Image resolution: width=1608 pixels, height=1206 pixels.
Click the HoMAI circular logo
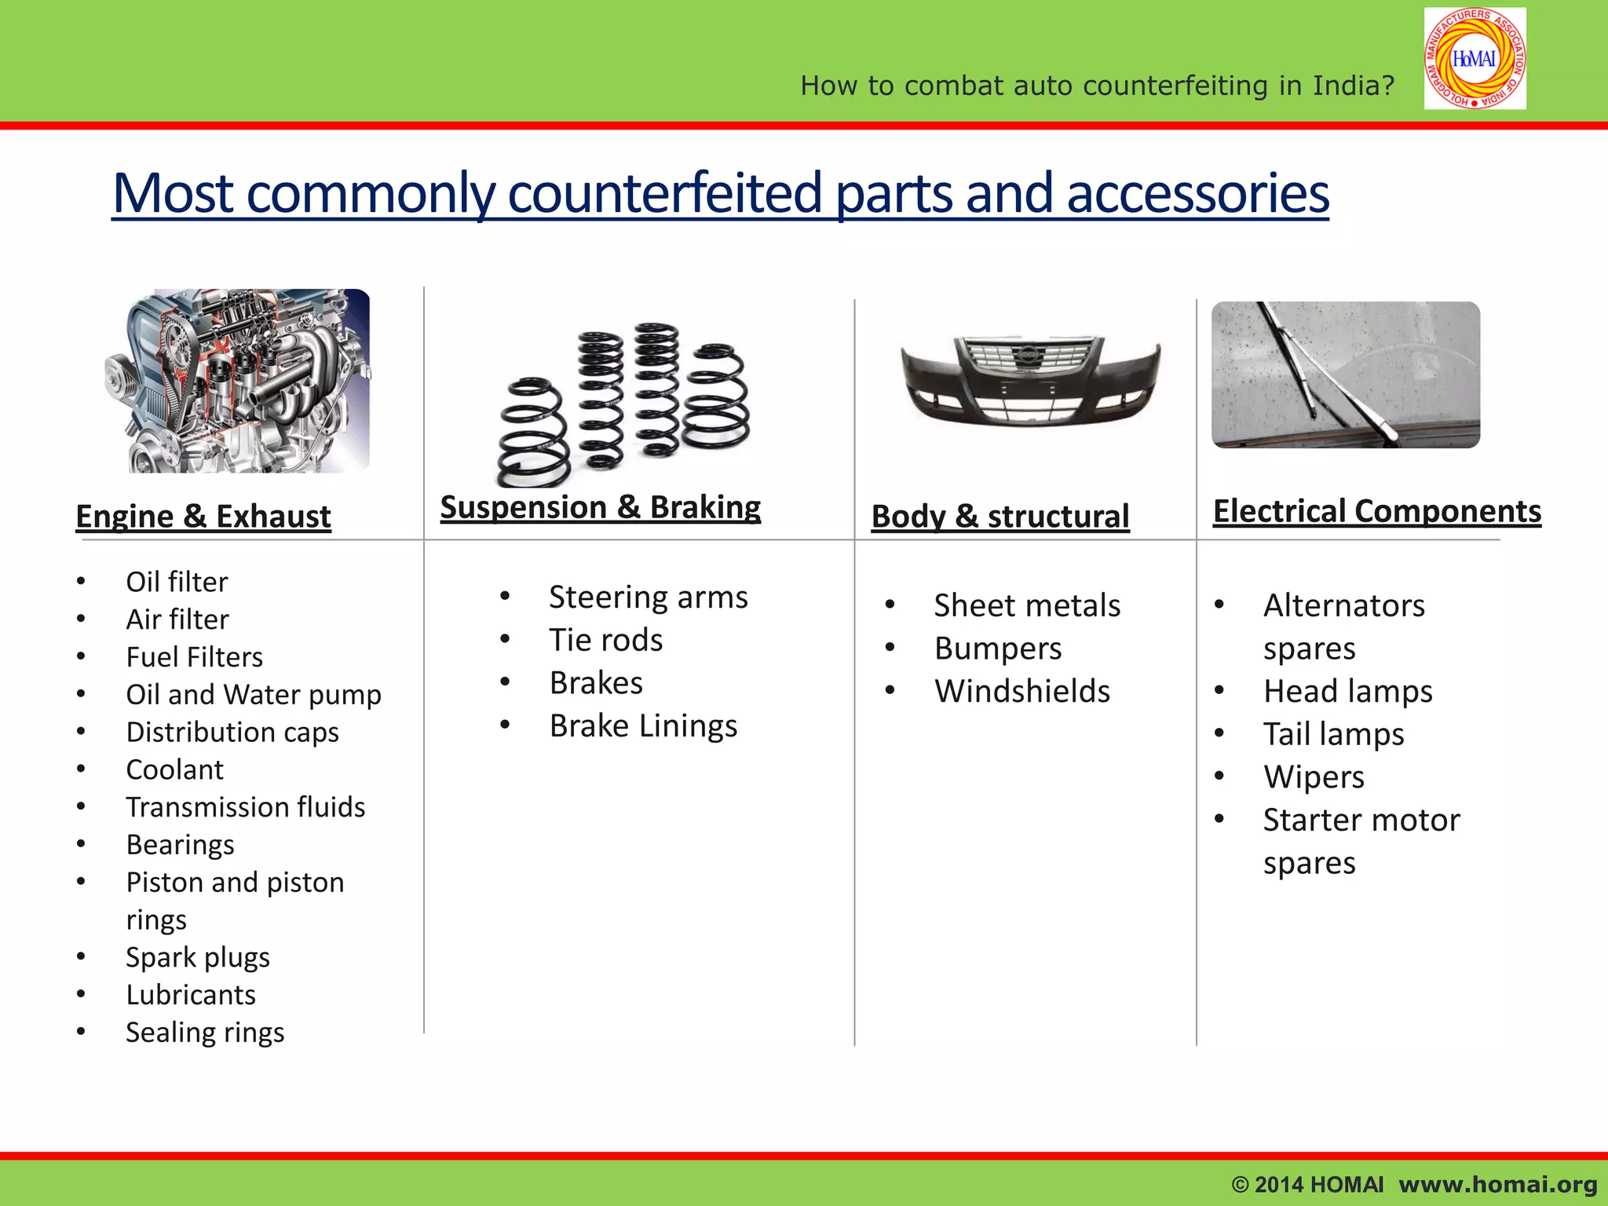(x=1475, y=59)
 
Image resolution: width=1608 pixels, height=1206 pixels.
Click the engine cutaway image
(x=238, y=382)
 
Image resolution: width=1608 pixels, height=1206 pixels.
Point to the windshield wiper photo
(x=1345, y=375)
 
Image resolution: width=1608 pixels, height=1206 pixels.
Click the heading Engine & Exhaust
(x=203, y=517)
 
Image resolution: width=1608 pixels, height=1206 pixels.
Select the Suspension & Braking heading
(x=600, y=507)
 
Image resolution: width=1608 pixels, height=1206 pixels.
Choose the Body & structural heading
(x=1000, y=517)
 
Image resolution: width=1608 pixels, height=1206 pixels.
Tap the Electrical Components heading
(x=1376, y=511)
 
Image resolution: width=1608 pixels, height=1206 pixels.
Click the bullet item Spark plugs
(x=198, y=957)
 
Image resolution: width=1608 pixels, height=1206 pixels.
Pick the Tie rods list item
(x=605, y=640)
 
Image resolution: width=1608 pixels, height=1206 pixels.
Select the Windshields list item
(x=1021, y=691)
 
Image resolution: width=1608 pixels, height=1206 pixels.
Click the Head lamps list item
(x=1347, y=691)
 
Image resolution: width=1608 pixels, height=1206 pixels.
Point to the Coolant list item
(x=174, y=769)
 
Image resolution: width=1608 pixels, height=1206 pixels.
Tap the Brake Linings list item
(x=643, y=725)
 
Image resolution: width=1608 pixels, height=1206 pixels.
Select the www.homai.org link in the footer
(x=1497, y=1184)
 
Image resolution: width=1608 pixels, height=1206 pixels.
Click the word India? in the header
(x=1353, y=85)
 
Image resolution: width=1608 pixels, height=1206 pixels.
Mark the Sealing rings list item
(x=205, y=1032)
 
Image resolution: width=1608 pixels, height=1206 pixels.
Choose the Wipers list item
(x=1314, y=777)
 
